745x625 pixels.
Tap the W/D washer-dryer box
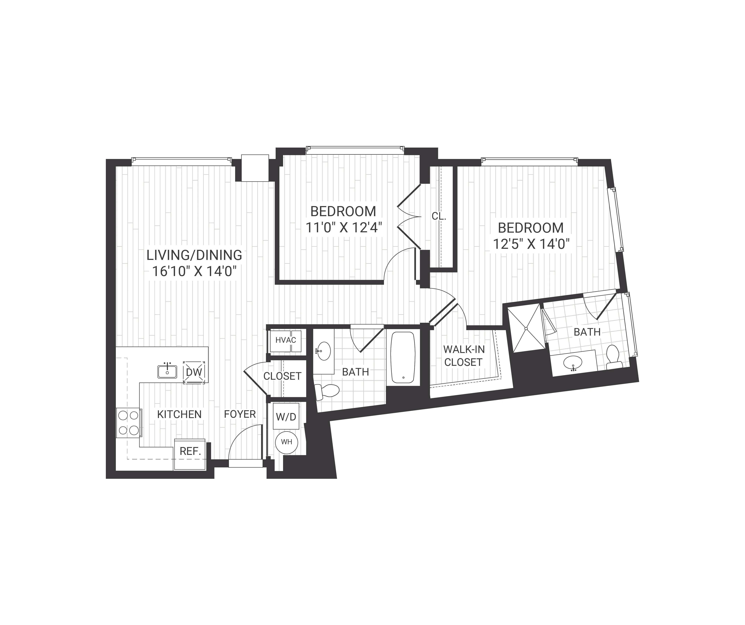286,416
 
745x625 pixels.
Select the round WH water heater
287,442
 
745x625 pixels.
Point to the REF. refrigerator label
191,451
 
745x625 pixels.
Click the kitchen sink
167,372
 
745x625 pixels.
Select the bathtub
403,357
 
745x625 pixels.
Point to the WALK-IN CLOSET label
464,356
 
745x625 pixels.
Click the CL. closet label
439,216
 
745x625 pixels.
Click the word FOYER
240,414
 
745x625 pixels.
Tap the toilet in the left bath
328,391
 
